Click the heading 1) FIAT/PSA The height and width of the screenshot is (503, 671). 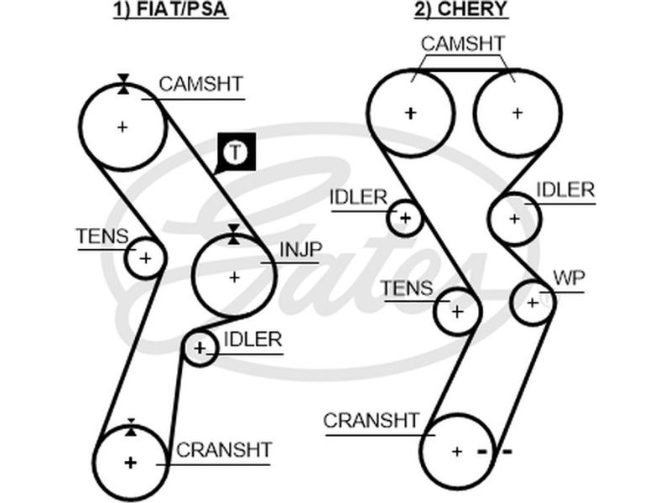click(171, 10)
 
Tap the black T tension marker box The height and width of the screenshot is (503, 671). click(236, 153)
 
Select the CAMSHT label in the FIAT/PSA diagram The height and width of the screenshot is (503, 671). click(200, 84)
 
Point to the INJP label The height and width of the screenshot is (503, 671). click(300, 249)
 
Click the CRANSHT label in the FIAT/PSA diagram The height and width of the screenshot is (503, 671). click(224, 449)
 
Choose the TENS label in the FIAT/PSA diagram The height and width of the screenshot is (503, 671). click(102, 237)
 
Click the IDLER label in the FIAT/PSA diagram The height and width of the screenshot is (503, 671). click(252, 340)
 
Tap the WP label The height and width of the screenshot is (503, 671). click(569, 279)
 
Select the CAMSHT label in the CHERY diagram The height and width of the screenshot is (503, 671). click(462, 44)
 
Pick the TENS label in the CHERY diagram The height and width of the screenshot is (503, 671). click(407, 289)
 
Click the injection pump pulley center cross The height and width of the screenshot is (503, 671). click(233, 277)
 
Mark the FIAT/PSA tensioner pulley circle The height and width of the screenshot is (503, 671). click(145, 257)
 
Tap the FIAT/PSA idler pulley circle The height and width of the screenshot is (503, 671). click(200, 347)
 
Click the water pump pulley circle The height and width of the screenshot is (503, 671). click(532, 302)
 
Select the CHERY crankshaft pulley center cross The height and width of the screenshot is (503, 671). click(456, 451)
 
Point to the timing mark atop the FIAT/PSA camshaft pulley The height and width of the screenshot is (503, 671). click(123, 82)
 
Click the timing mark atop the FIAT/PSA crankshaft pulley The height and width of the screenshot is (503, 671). click(131, 427)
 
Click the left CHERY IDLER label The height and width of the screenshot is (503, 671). click(358, 197)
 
